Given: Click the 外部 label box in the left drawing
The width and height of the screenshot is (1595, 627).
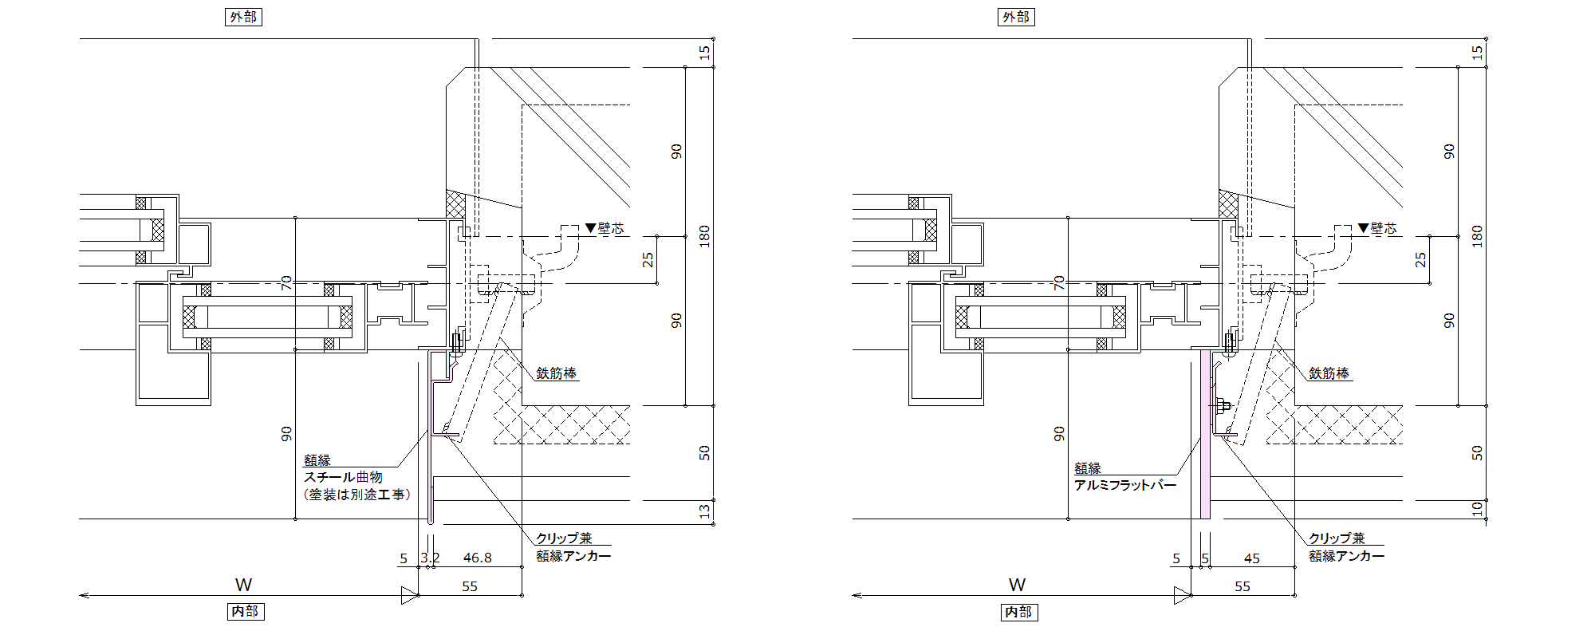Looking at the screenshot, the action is point(243,17).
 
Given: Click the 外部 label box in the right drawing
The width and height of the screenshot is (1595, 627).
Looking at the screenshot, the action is point(1016,17).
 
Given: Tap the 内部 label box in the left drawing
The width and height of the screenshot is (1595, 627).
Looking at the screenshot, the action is point(245,611).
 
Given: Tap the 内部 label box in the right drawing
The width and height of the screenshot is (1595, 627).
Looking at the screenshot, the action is point(1018,611).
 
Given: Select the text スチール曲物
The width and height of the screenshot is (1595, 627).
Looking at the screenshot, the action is point(343,477).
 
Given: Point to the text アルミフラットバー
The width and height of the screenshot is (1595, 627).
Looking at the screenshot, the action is point(1125,485).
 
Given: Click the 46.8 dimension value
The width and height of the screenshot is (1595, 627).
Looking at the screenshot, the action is point(478,558).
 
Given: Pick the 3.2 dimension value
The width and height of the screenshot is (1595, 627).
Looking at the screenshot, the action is point(430,558).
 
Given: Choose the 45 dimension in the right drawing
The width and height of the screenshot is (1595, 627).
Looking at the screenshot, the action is point(1252,558).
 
